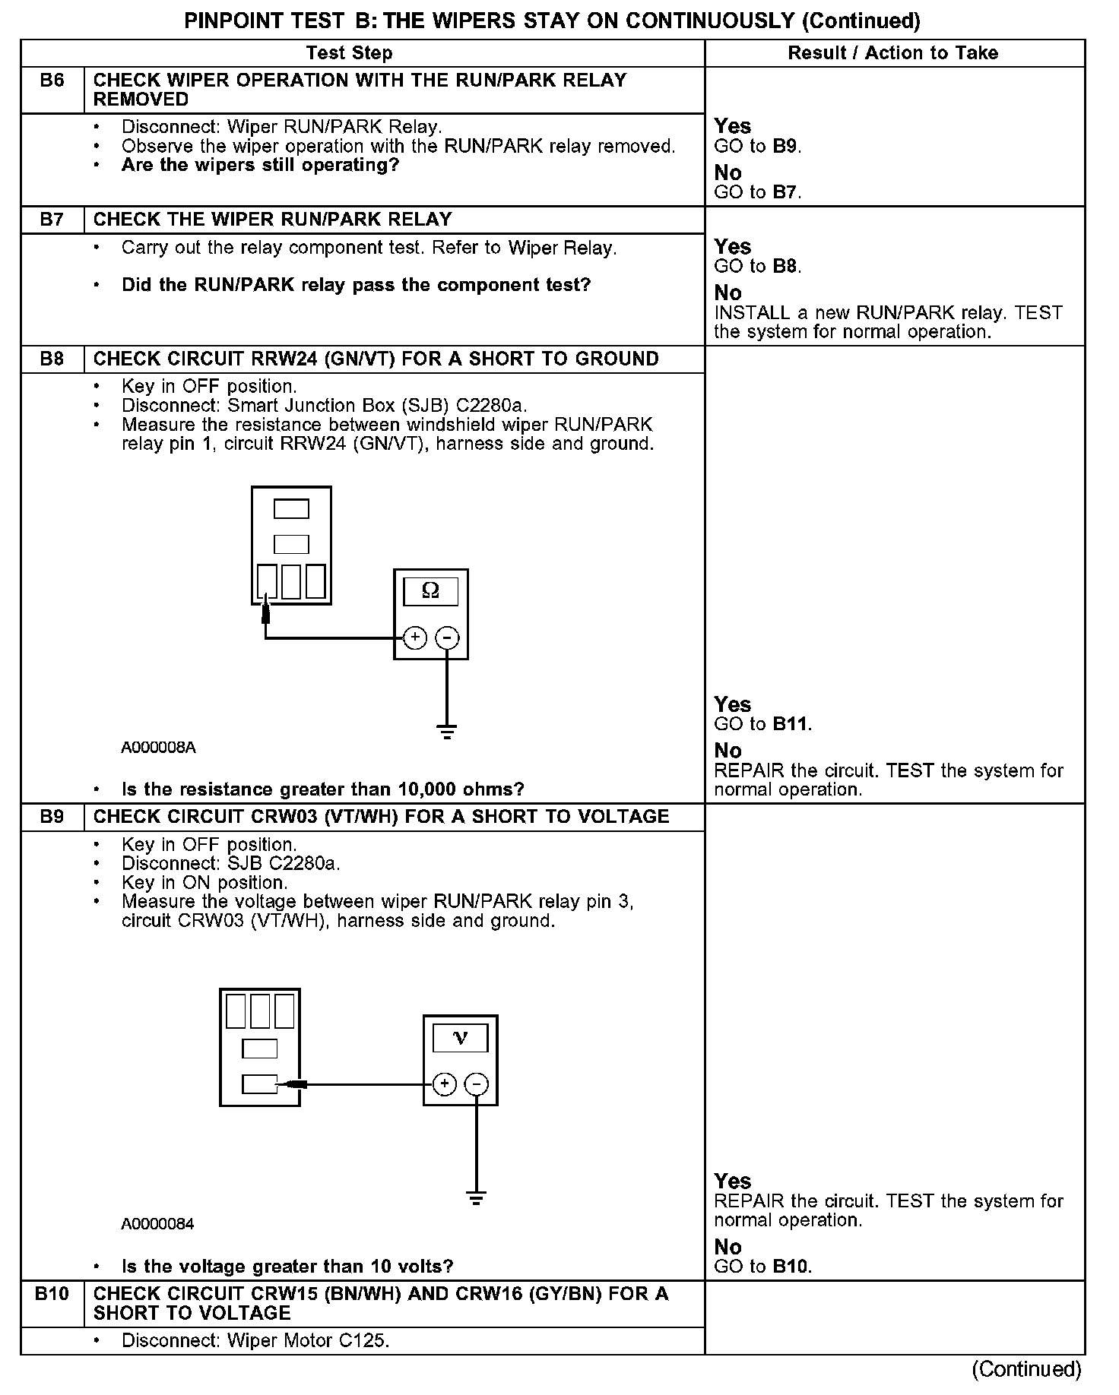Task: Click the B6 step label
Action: (52, 80)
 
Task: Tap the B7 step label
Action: (52, 220)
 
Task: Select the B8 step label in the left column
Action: (52, 359)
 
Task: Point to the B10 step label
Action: (52, 1293)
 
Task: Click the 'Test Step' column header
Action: (349, 52)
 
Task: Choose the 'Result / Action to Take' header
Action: (892, 52)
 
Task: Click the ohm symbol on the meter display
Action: (430, 590)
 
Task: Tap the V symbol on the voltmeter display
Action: (460, 1037)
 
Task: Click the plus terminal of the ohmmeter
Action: (414, 637)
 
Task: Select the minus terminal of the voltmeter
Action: (477, 1083)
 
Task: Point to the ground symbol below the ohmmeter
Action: (447, 732)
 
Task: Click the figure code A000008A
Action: (158, 748)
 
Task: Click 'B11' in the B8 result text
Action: (791, 724)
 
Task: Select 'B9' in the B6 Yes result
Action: (786, 146)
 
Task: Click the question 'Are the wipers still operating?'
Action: (260, 166)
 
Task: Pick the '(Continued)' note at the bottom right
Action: (1026, 1369)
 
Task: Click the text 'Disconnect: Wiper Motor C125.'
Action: (255, 1340)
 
